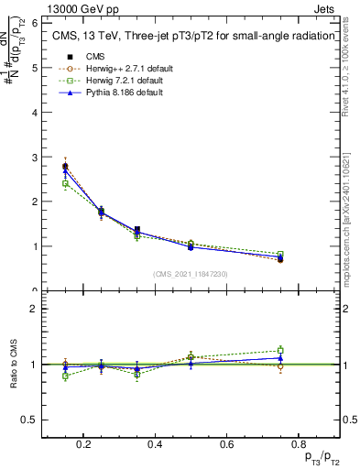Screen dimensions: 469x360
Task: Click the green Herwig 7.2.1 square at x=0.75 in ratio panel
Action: coord(280,350)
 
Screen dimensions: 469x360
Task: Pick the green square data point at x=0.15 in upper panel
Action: coord(65,183)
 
